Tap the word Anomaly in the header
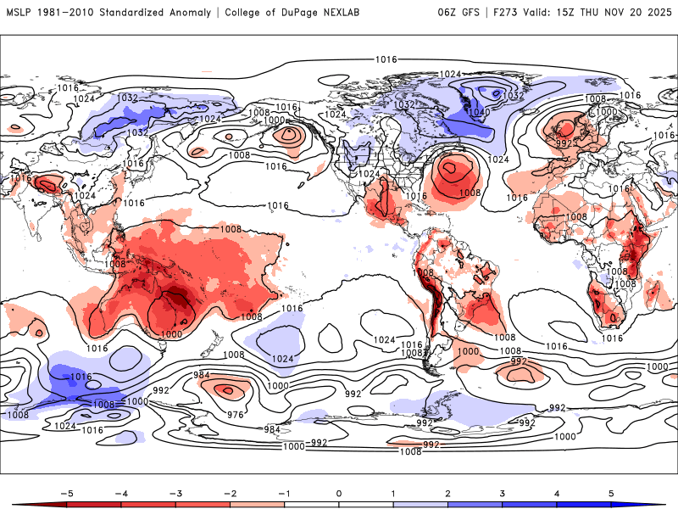click(x=185, y=13)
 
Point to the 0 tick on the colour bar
click(x=339, y=491)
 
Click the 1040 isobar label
click(x=478, y=112)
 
